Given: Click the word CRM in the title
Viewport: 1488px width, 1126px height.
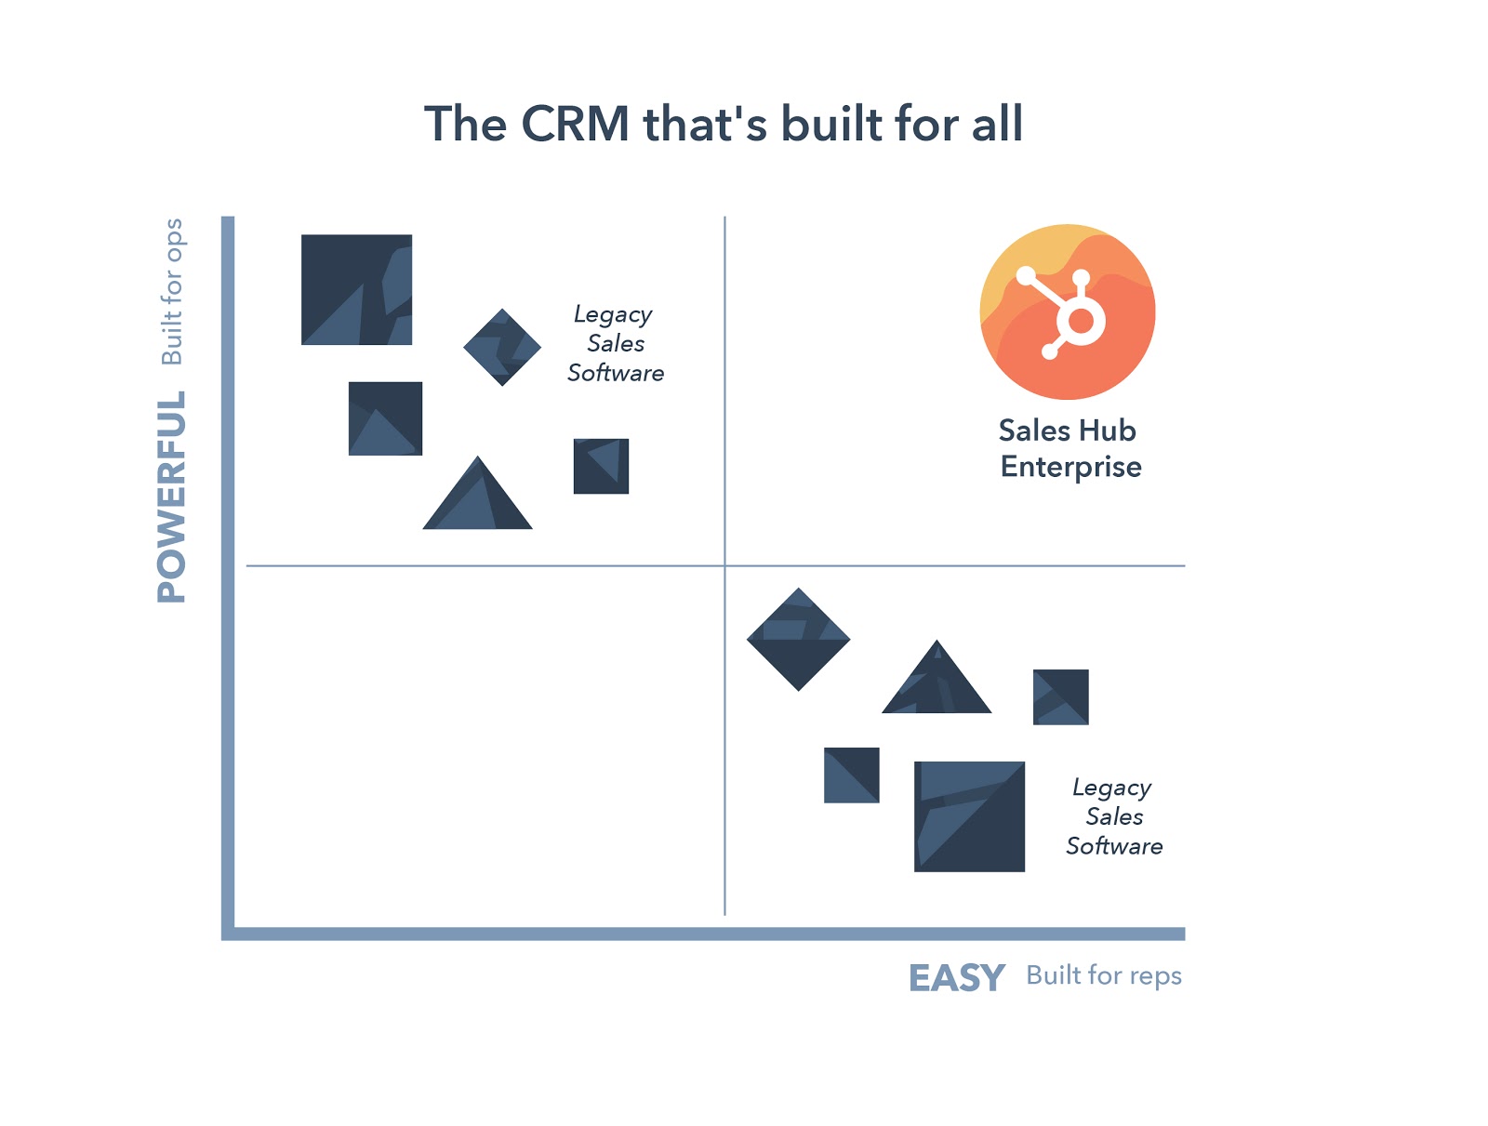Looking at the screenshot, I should pos(575,125).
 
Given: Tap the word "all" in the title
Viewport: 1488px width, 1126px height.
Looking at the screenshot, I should pos(997,125).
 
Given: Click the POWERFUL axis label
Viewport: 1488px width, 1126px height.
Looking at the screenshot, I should pos(172,497).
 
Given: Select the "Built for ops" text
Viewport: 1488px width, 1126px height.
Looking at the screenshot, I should pos(172,291).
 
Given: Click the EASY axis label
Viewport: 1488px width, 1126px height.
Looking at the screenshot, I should pos(956,978).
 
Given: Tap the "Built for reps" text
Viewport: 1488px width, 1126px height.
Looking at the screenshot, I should pos(1104,975).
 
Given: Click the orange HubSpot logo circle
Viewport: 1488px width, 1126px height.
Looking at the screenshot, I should pos(1068,311).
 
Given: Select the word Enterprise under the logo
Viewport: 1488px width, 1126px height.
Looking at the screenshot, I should pos(1070,467).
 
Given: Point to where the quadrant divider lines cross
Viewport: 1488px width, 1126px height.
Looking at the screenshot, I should pos(724,565).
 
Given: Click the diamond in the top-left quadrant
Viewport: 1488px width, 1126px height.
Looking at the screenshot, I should pos(502,348).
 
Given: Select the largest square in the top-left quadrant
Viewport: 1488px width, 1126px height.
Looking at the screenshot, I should pos(356,289).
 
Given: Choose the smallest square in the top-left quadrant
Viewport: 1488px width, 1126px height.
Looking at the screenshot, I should pos(601,466).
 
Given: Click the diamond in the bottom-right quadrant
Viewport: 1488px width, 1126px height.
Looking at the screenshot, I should pos(798,640).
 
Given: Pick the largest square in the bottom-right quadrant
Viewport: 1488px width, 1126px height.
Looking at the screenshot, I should pos(969,816).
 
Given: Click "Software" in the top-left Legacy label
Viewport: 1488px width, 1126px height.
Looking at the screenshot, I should pos(616,374).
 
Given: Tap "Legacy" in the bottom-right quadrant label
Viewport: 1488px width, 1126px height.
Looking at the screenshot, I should pos(1111,788).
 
